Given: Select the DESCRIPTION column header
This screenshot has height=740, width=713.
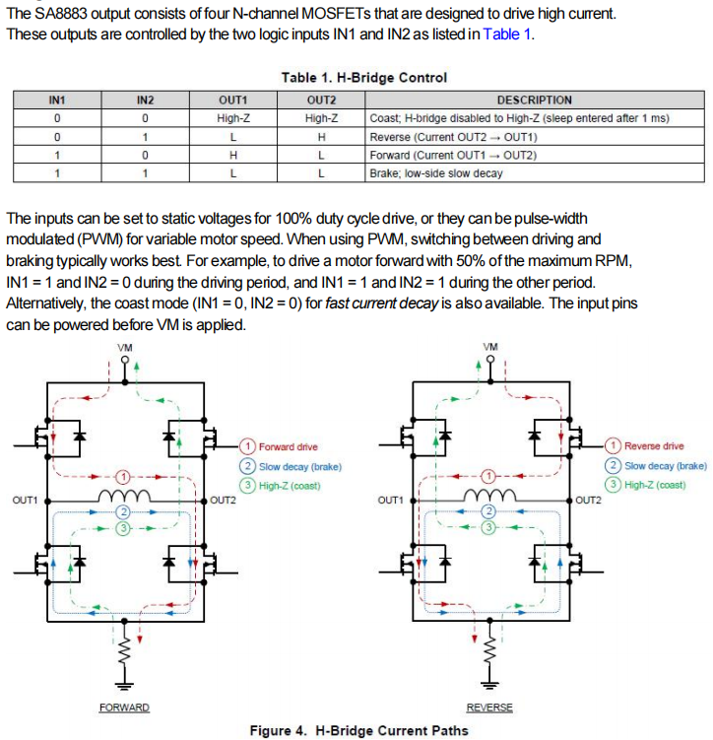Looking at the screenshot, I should [x=534, y=100].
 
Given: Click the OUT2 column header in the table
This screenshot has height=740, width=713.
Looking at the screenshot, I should [x=322, y=100].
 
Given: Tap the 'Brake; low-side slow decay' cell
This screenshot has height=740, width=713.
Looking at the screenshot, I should [x=435, y=172].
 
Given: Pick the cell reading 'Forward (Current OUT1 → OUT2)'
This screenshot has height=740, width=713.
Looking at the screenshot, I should [x=452, y=155].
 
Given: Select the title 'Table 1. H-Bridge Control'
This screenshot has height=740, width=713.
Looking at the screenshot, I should [x=363, y=77].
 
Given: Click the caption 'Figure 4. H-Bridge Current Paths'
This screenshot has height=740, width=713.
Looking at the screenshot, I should [x=358, y=730].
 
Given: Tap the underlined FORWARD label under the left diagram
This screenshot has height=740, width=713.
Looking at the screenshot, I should [x=124, y=707].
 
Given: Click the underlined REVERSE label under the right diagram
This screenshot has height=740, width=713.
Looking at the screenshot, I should [x=489, y=707].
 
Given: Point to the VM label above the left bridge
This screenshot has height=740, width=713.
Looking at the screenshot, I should [x=124, y=348].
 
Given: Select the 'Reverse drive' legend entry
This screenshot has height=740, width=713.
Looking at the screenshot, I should [x=654, y=446].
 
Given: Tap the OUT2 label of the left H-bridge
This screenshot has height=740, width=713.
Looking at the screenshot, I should [x=224, y=501].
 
